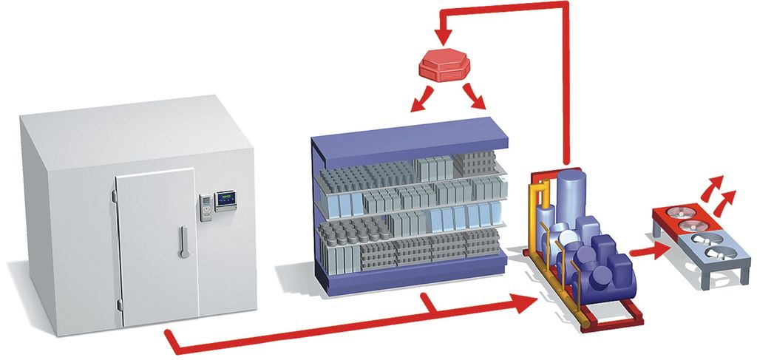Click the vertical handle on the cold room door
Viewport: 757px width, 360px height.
coord(182,245)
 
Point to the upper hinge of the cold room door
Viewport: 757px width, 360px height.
coord(114,195)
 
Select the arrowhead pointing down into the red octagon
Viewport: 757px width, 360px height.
coord(443,34)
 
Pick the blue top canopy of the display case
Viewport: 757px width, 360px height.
coord(411,140)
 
